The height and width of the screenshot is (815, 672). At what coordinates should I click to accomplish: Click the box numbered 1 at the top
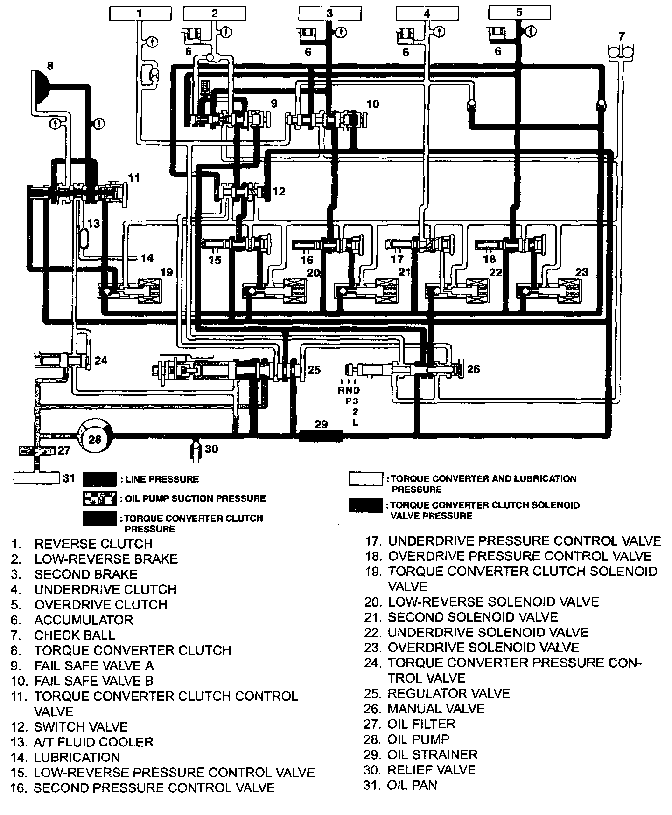(x=139, y=13)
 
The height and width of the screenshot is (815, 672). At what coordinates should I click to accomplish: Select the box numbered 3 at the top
(x=329, y=13)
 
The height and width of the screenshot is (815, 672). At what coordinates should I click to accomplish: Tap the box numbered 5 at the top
(x=519, y=12)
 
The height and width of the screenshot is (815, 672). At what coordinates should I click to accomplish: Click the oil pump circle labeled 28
(x=95, y=439)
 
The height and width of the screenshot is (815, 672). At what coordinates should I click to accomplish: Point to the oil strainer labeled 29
(x=321, y=436)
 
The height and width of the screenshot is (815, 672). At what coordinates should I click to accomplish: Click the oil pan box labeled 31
(x=36, y=478)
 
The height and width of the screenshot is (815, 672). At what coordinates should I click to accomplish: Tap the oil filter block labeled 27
(x=37, y=450)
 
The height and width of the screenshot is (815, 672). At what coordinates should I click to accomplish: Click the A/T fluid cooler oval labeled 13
(x=85, y=239)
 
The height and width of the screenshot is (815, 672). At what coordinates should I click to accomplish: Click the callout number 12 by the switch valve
(x=279, y=191)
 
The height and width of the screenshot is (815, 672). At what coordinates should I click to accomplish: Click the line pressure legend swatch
(x=100, y=479)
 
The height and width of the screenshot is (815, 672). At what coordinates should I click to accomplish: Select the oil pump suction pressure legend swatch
(x=100, y=498)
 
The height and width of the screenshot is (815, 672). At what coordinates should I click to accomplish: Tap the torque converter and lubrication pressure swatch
(x=366, y=479)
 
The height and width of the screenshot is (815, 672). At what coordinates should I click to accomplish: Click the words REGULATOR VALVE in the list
(x=448, y=693)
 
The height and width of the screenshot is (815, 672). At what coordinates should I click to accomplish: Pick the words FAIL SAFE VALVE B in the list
(x=93, y=681)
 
